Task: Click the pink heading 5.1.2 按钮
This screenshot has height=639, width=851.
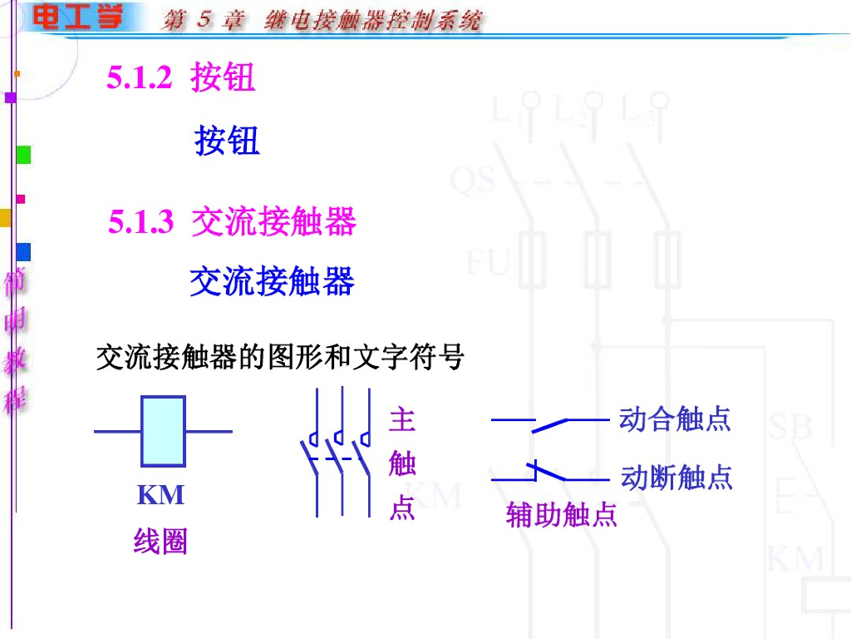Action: pyautogui.click(x=181, y=78)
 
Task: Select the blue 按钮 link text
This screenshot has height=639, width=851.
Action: pyautogui.click(x=227, y=141)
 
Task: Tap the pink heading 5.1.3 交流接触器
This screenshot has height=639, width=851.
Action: pyautogui.click(x=232, y=222)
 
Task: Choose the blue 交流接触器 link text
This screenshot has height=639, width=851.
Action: pyautogui.click(x=272, y=281)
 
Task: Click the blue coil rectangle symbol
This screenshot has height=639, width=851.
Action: pyautogui.click(x=163, y=431)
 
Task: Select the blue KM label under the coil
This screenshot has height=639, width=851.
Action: pyautogui.click(x=160, y=496)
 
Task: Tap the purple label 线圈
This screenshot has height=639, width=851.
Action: pyautogui.click(x=160, y=542)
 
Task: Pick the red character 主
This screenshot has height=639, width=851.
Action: pyautogui.click(x=402, y=419)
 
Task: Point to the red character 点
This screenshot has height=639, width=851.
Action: pyautogui.click(x=402, y=508)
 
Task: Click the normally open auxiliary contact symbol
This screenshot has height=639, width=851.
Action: pyautogui.click(x=548, y=424)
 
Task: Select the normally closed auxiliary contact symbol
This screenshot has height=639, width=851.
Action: pyautogui.click(x=548, y=474)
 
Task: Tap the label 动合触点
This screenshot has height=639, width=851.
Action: pyautogui.click(x=675, y=419)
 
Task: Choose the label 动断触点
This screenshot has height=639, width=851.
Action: pyautogui.click(x=676, y=478)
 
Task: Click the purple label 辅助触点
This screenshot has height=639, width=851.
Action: pyautogui.click(x=562, y=516)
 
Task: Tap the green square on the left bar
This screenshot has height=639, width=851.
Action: pyautogui.click(x=23, y=155)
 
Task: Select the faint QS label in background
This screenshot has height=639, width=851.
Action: pyautogui.click(x=473, y=180)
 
